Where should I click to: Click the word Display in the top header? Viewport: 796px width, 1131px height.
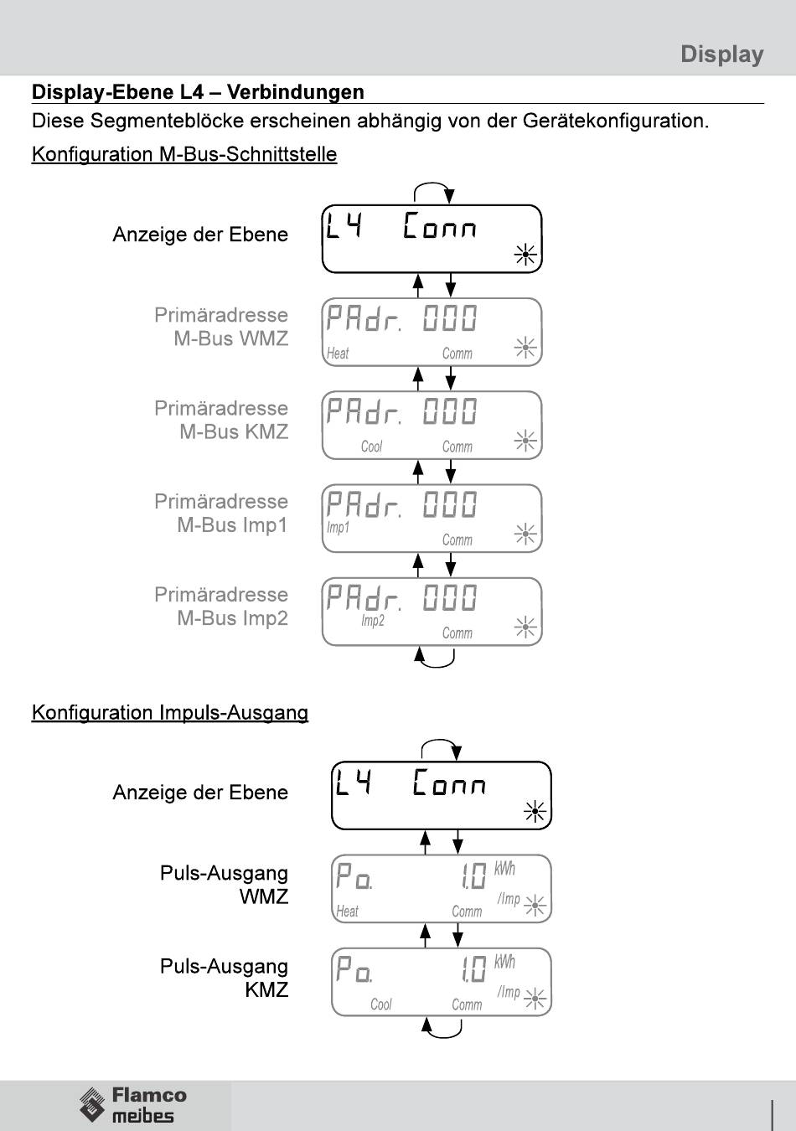(721, 54)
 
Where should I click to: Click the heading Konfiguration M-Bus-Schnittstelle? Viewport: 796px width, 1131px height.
(184, 154)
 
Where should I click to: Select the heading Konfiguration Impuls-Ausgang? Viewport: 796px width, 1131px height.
(170, 713)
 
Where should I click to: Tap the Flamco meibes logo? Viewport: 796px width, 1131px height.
(133, 1104)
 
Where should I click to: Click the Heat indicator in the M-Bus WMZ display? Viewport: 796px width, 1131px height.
(338, 354)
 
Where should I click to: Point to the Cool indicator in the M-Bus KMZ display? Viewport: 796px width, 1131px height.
(371, 447)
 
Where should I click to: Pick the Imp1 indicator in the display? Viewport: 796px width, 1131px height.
(338, 528)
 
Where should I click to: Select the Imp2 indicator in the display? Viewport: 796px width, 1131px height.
(373, 621)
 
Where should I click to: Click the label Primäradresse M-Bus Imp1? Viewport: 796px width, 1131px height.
(221, 513)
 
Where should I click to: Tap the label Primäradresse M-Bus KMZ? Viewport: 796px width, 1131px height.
(221, 420)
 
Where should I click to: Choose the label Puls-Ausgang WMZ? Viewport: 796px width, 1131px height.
(225, 885)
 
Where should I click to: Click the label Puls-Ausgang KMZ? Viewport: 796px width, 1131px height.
(225, 978)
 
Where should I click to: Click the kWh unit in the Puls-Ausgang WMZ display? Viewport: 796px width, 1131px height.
(504, 869)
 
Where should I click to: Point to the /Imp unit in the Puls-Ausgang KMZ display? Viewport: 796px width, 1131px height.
(509, 992)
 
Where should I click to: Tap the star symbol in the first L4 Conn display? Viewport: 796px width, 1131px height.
(525, 255)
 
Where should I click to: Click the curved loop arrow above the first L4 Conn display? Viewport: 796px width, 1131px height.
(433, 191)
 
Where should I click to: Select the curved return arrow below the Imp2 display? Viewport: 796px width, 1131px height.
(436, 658)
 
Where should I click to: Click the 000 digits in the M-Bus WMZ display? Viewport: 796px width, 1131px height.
(450, 318)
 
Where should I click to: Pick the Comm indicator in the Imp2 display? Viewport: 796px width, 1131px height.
(457, 633)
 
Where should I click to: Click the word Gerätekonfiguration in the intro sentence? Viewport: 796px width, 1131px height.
(615, 121)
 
